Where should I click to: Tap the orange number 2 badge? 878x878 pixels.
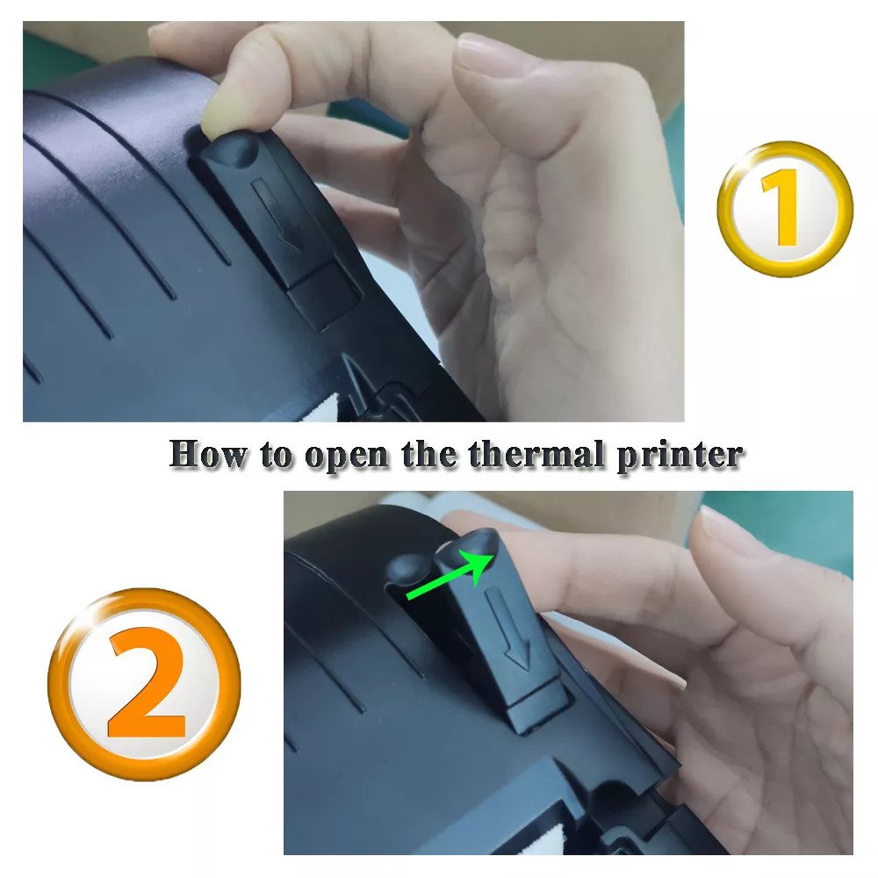pyautogui.click(x=144, y=684)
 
